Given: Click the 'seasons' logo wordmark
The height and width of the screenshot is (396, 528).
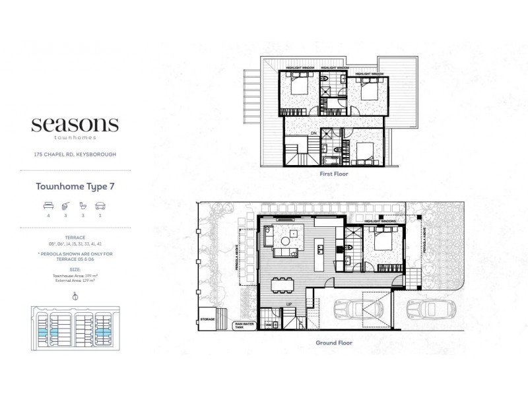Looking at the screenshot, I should coord(75,125).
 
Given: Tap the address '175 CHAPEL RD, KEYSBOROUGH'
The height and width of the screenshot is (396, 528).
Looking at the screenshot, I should coord(75,155).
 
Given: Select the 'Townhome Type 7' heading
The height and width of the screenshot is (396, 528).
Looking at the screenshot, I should coord(75,187).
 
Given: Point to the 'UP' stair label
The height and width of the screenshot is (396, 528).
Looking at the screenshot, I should coord(288,304).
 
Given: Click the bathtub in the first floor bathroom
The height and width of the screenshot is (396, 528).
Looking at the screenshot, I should coord(330,159).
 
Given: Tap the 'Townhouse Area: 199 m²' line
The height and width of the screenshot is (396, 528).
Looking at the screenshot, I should coord(75,277).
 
